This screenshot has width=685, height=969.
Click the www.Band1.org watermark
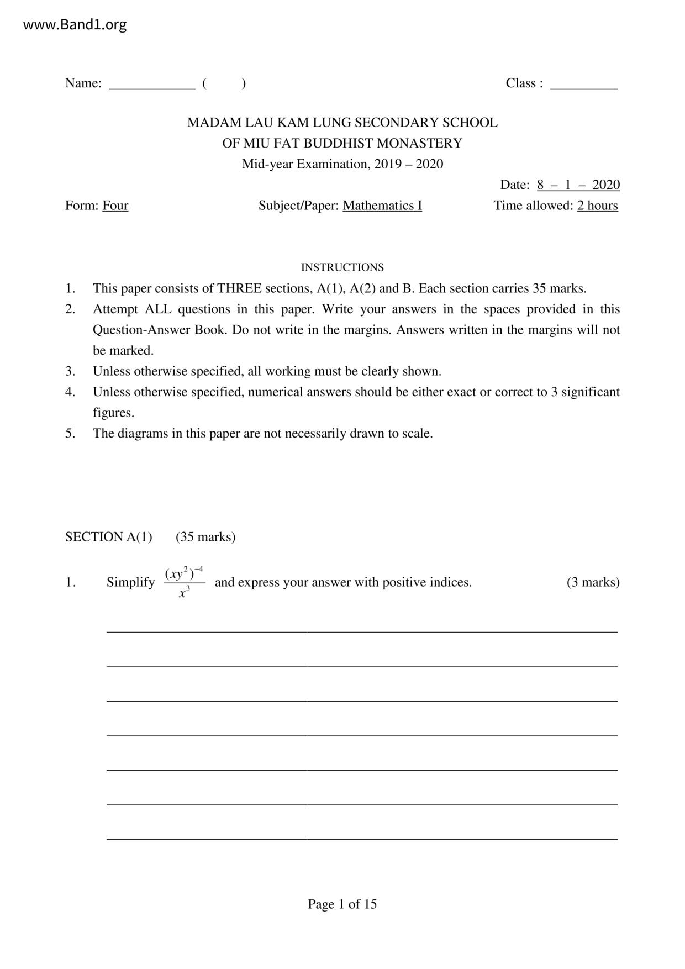point(75,25)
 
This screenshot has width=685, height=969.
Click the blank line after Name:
point(152,87)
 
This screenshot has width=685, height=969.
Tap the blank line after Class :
point(583,87)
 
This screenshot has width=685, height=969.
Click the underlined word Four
point(115,206)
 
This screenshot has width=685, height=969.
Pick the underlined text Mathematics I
point(382,206)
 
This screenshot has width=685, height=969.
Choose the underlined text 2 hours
point(597,206)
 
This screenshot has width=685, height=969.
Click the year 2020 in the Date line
point(606,185)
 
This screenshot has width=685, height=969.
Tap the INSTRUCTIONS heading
point(342,267)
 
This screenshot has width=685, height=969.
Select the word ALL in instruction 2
point(159,309)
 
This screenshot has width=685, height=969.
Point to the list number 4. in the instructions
point(70,392)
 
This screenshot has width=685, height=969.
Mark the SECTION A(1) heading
point(108,537)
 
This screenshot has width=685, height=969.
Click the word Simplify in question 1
point(130,582)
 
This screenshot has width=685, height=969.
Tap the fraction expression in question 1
point(185,582)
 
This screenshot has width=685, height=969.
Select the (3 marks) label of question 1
point(593,582)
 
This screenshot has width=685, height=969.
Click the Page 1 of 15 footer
point(342,904)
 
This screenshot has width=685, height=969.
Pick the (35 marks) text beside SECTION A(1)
point(205,537)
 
